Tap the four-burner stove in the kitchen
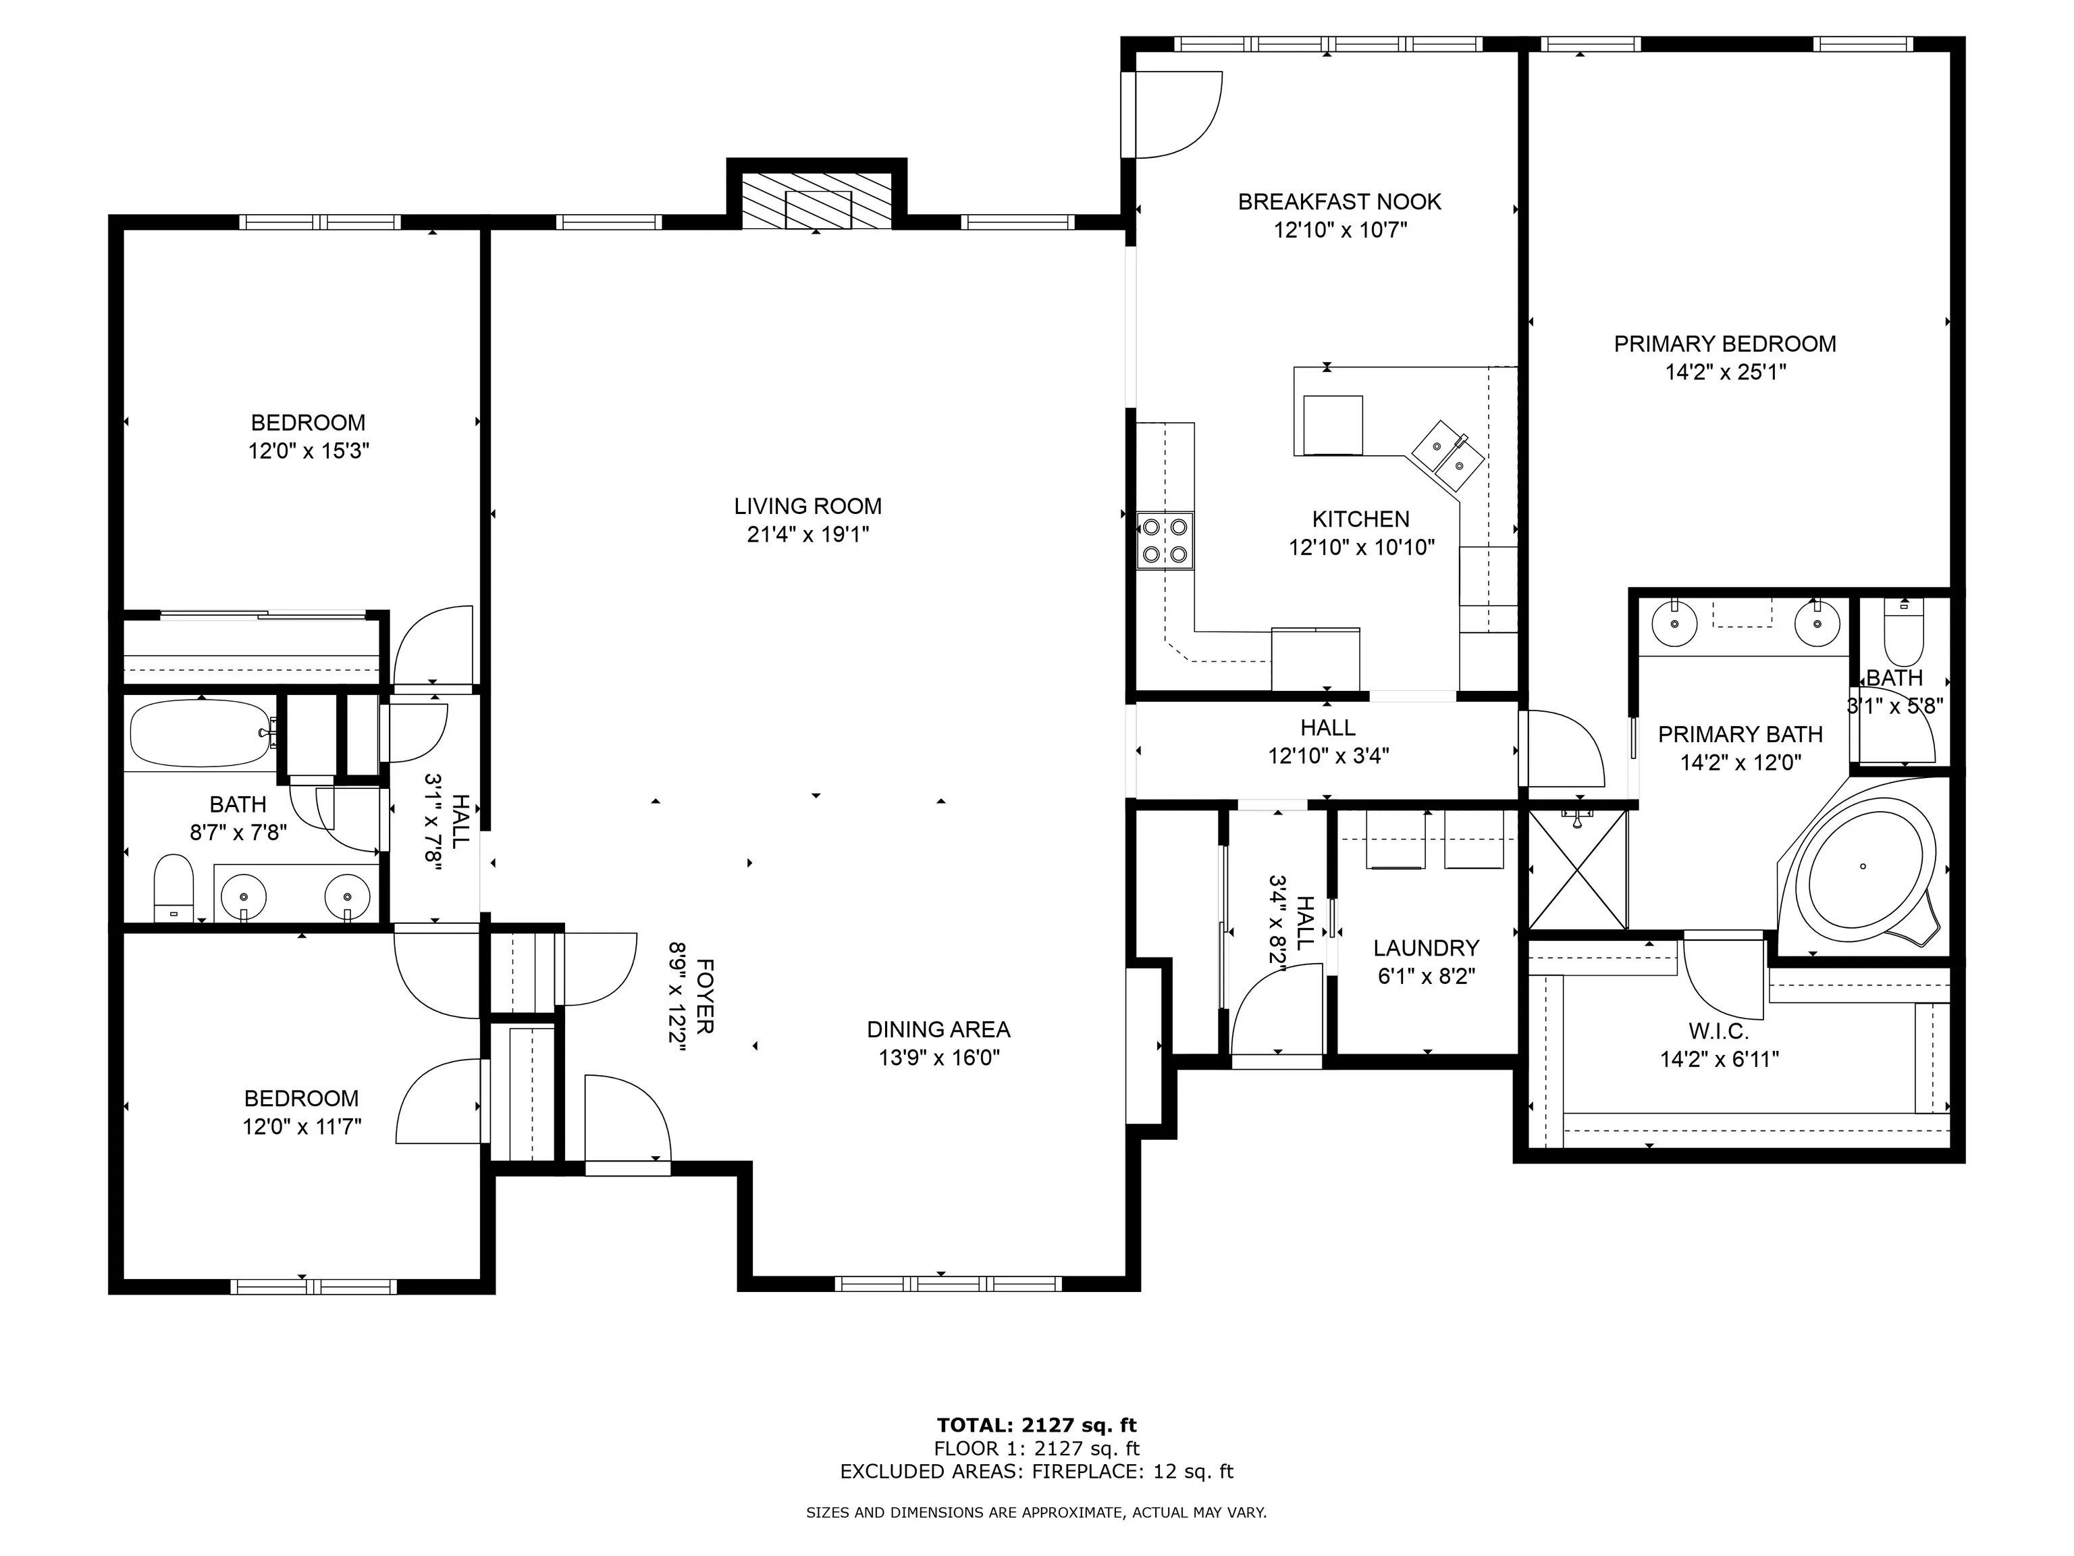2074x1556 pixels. point(1165,541)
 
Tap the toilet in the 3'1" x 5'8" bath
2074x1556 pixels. point(1903,630)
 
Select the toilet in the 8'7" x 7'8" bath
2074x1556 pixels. point(174,887)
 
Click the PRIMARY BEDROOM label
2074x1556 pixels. point(1725,344)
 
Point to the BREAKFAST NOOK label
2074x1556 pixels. point(1340,202)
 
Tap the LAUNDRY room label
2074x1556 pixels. point(1426,948)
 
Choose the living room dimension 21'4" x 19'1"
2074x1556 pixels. point(808,535)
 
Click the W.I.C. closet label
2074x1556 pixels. point(1720,1032)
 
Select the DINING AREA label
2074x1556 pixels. point(938,1029)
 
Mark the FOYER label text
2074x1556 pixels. point(705,995)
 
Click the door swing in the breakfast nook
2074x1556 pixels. point(1176,114)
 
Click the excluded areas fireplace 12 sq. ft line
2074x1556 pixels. point(1037,1472)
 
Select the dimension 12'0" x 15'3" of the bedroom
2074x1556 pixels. point(309,451)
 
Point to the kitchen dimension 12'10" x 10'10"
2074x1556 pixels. point(1362,548)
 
